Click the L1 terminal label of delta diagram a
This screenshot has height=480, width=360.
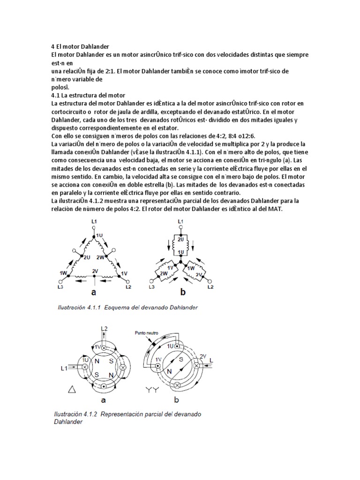[94, 220]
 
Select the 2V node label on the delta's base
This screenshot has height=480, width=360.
[95, 271]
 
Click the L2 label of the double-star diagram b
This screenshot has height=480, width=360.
[210, 286]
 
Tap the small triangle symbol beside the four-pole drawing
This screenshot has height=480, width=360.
[72, 389]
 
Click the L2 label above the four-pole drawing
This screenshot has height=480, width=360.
[105, 329]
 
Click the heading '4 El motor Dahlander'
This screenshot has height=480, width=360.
[80, 47]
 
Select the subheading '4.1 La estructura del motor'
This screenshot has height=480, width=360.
[88, 95]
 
